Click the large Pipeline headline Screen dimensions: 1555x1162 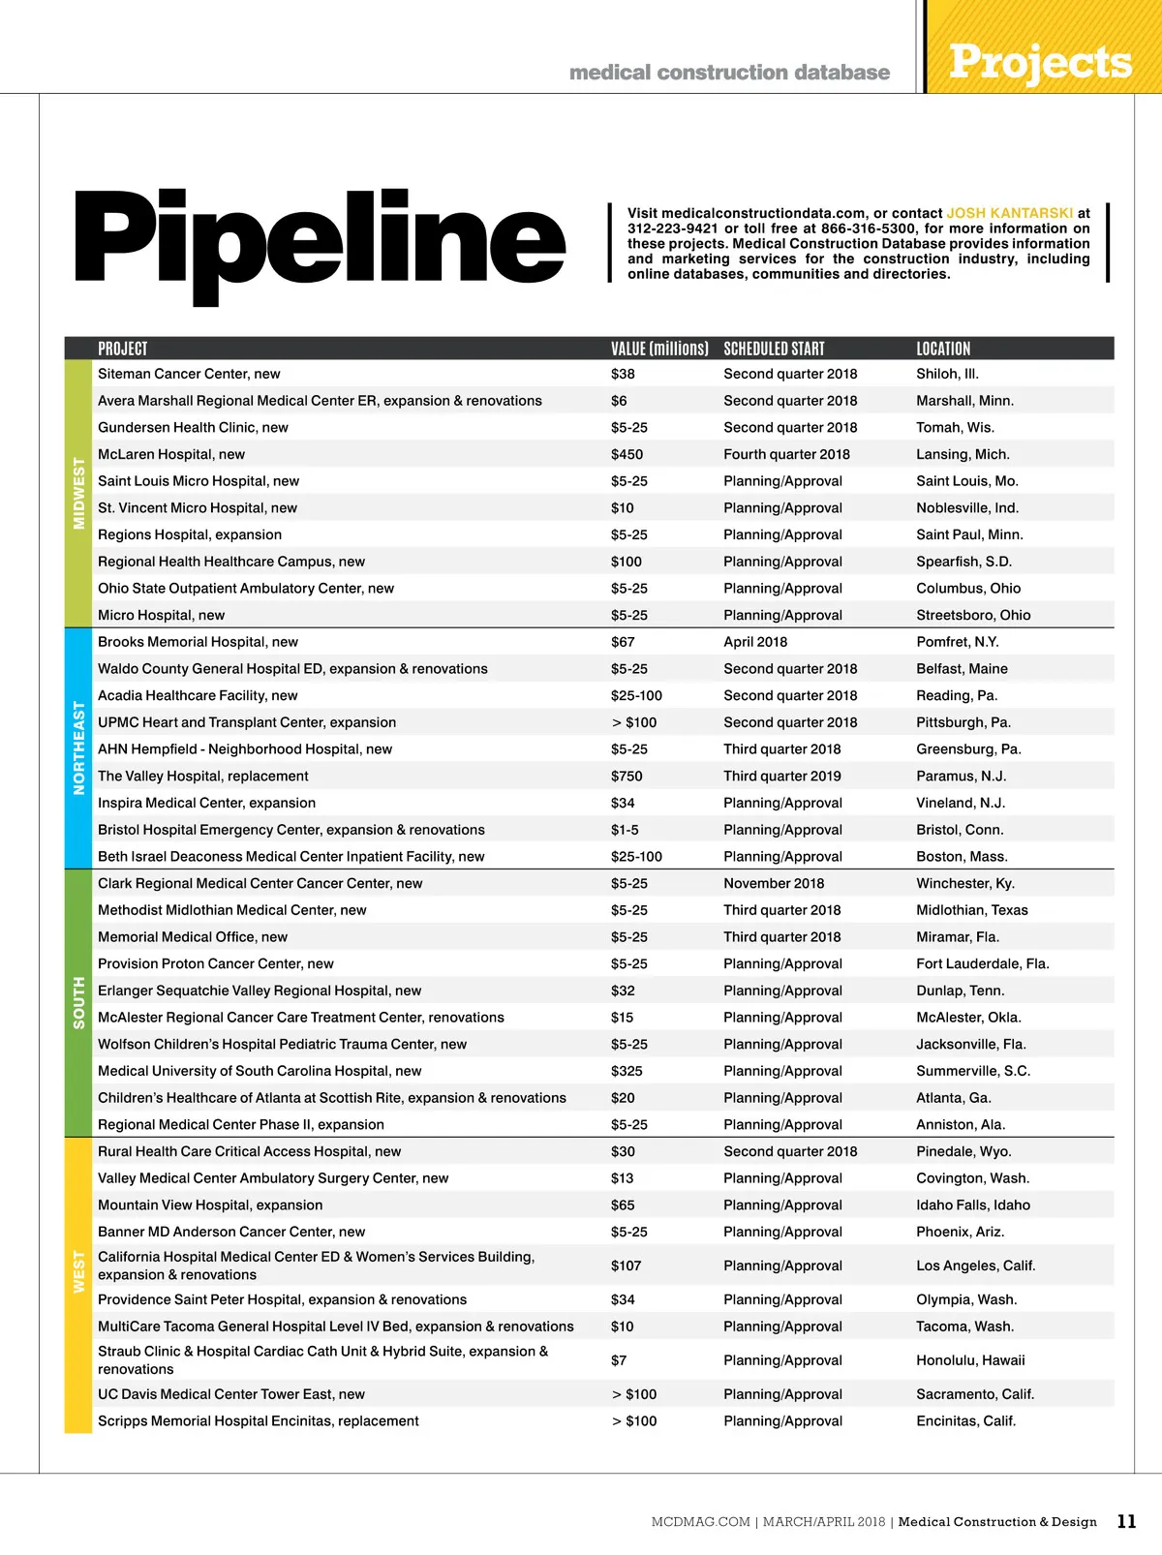point(320,242)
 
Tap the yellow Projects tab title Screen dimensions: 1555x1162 point(1040,62)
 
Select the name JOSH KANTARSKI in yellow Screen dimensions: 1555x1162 point(1009,213)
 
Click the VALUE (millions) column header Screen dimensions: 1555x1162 point(659,349)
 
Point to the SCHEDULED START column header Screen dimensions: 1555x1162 point(774,349)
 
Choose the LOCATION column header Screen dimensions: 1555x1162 point(943,349)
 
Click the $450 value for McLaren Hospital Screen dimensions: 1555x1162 point(627,454)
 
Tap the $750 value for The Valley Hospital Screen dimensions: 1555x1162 point(627,776)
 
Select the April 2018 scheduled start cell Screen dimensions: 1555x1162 point(755,642)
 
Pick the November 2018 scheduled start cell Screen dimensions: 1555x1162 point(774,883)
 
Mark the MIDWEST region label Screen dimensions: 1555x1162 point(78,494)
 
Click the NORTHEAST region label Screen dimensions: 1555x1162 point(78,748)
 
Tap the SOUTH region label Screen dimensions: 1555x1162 point(78,1002)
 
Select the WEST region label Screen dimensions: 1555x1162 point(78,1271)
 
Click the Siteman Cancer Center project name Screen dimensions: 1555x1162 point(189,374)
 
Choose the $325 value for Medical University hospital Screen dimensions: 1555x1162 point(627,1071)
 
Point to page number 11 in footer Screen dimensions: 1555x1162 point(1126,1521)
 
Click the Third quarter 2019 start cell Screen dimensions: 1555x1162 point(782,776)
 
